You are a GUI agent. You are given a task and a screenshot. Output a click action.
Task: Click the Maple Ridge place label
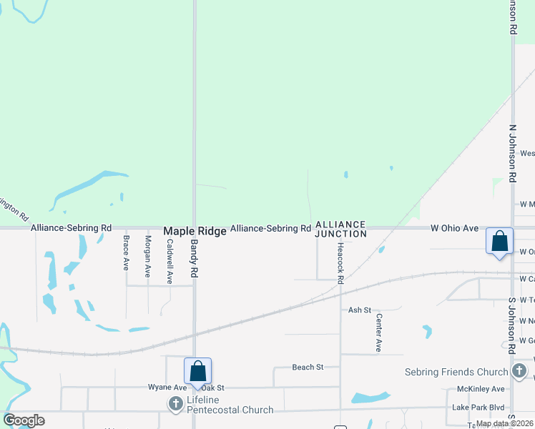[x=195, y=232]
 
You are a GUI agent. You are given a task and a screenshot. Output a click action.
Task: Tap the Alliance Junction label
[x=341, y=229]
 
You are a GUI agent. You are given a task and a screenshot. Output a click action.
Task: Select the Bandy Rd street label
[x=194, y=258]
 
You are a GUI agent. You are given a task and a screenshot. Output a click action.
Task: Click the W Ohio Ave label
[x=454, y=228]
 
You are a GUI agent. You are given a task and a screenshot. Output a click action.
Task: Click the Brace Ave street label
[x=127, y=252]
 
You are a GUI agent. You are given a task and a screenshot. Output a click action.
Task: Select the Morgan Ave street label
[x=148, y=256]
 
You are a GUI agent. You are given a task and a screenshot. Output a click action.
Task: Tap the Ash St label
[x=360, y=310]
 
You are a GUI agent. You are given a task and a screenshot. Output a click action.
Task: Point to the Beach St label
[x=308, y=367]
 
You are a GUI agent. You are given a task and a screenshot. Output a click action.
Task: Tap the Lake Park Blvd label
[x=478, y=407]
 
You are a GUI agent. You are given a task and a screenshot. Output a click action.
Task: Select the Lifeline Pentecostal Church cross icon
[x=175, y=404]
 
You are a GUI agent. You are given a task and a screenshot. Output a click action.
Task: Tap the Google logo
[x=24, y=420]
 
